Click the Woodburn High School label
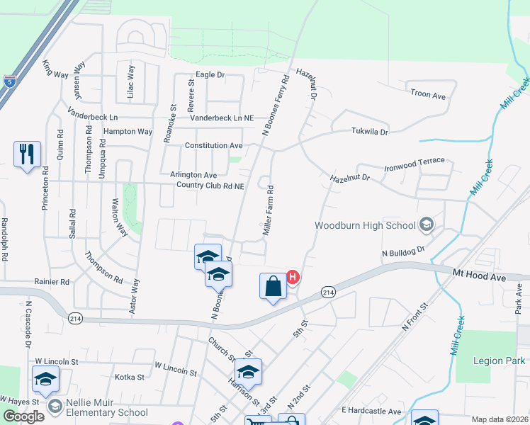(364, 225)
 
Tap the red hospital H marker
(291, 276)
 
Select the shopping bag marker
(273, 287)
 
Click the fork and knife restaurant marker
(27, 154)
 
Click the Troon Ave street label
(427, 94)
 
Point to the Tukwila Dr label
(370, 132)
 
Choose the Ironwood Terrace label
(414, 164)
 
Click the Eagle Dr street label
(210, 74)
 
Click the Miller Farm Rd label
(269, 211)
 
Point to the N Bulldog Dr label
(402, 251)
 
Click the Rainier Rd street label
(52, 281)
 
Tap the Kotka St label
(130, 378)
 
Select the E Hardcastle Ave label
(371, 411)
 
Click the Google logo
(23, 416)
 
